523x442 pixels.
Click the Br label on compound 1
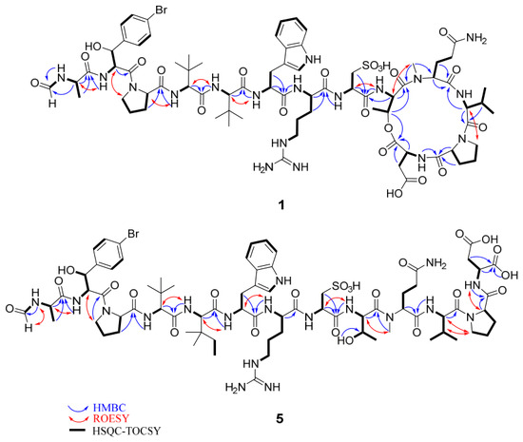(161, 10)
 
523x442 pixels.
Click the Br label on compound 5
(133, 234)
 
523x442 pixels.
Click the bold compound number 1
(281, 205)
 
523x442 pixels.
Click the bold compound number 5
(280, 418)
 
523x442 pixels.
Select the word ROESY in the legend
(111, 418)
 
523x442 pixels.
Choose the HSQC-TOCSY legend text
(126, 431)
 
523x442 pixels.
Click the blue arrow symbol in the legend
(78, 409)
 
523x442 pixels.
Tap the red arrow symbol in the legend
(78, 419)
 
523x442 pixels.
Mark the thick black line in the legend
(77, 431)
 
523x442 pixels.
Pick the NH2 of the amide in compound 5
(435, 263)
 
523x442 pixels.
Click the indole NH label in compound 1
(313, 59)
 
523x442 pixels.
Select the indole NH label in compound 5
(284, 279)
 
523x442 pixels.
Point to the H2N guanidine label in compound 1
(263, 166)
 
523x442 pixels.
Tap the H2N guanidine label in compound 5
(236, 387)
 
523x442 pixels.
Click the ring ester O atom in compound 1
(387, 127)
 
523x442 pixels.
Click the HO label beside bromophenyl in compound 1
(93, 47)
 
